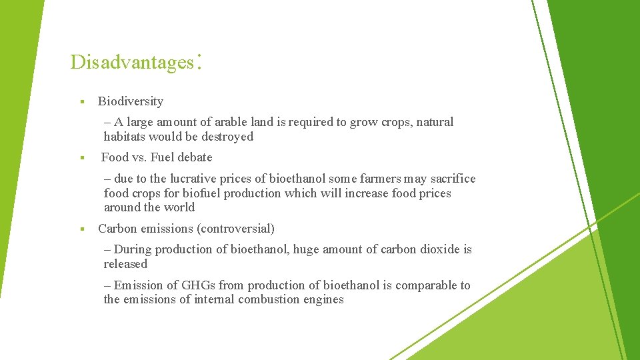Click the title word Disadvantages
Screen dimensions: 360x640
pyautogui.click(x=130, y=62)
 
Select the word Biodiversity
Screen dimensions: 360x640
pyautogui.click(x=131, y=101)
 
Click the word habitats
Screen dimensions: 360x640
pyautogui.click(x=124, y=137)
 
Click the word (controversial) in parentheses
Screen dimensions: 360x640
pyautogui.click(x=235, y=229)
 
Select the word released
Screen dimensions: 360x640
pyautogui.click(x=125, y=264)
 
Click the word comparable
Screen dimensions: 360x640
pyautogui.click(x=425, y=285)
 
